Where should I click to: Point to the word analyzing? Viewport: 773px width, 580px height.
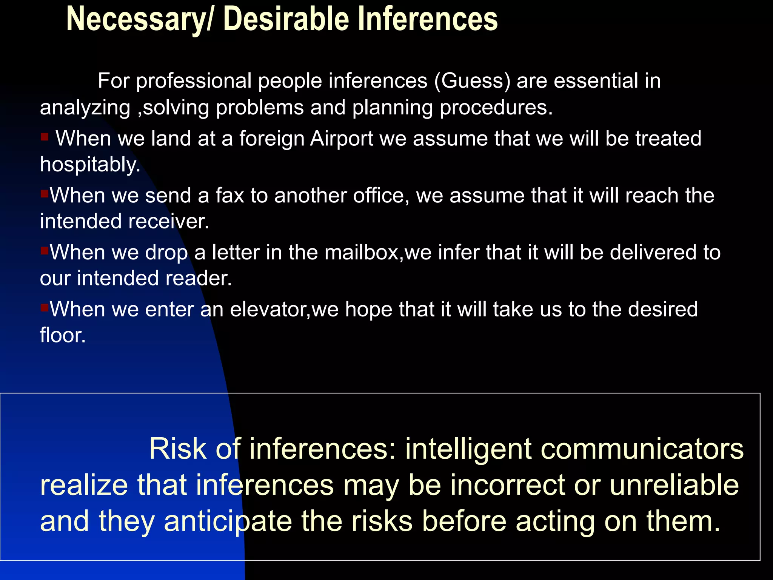[x=85, y=108]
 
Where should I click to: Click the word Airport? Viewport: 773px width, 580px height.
[x=342, y=139]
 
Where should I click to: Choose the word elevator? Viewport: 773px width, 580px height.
[x=269, y=310]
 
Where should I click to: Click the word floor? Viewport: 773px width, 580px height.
[x=63, y=335]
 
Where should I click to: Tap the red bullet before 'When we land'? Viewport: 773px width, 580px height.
[x=45, y=137]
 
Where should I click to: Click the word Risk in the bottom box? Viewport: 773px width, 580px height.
[x=177, y=449]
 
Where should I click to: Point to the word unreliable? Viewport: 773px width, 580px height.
[x=674, y=486]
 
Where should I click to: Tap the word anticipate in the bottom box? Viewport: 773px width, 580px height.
[x=228, y=522]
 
